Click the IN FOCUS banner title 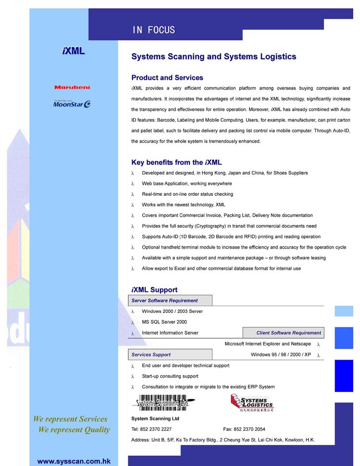[x=154, y=30]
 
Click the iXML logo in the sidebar [x=74, y=50]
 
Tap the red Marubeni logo [x=72, y=88]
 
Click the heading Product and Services [x=167, y=77]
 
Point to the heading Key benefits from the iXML [x=176, y=163]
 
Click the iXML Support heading [x=154, y=290]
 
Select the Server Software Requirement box [x=170, y=301]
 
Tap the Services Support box [x=170, y=354]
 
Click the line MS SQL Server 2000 [x=164, y=322]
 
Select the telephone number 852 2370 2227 [x=156, y=429]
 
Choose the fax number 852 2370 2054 [x=249, y=429]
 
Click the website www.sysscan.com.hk [x=74, y=461]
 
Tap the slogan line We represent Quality [x=74, y=429]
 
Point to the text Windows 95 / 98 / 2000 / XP [x=281, y=354]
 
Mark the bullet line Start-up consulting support [x=170, y=376]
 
